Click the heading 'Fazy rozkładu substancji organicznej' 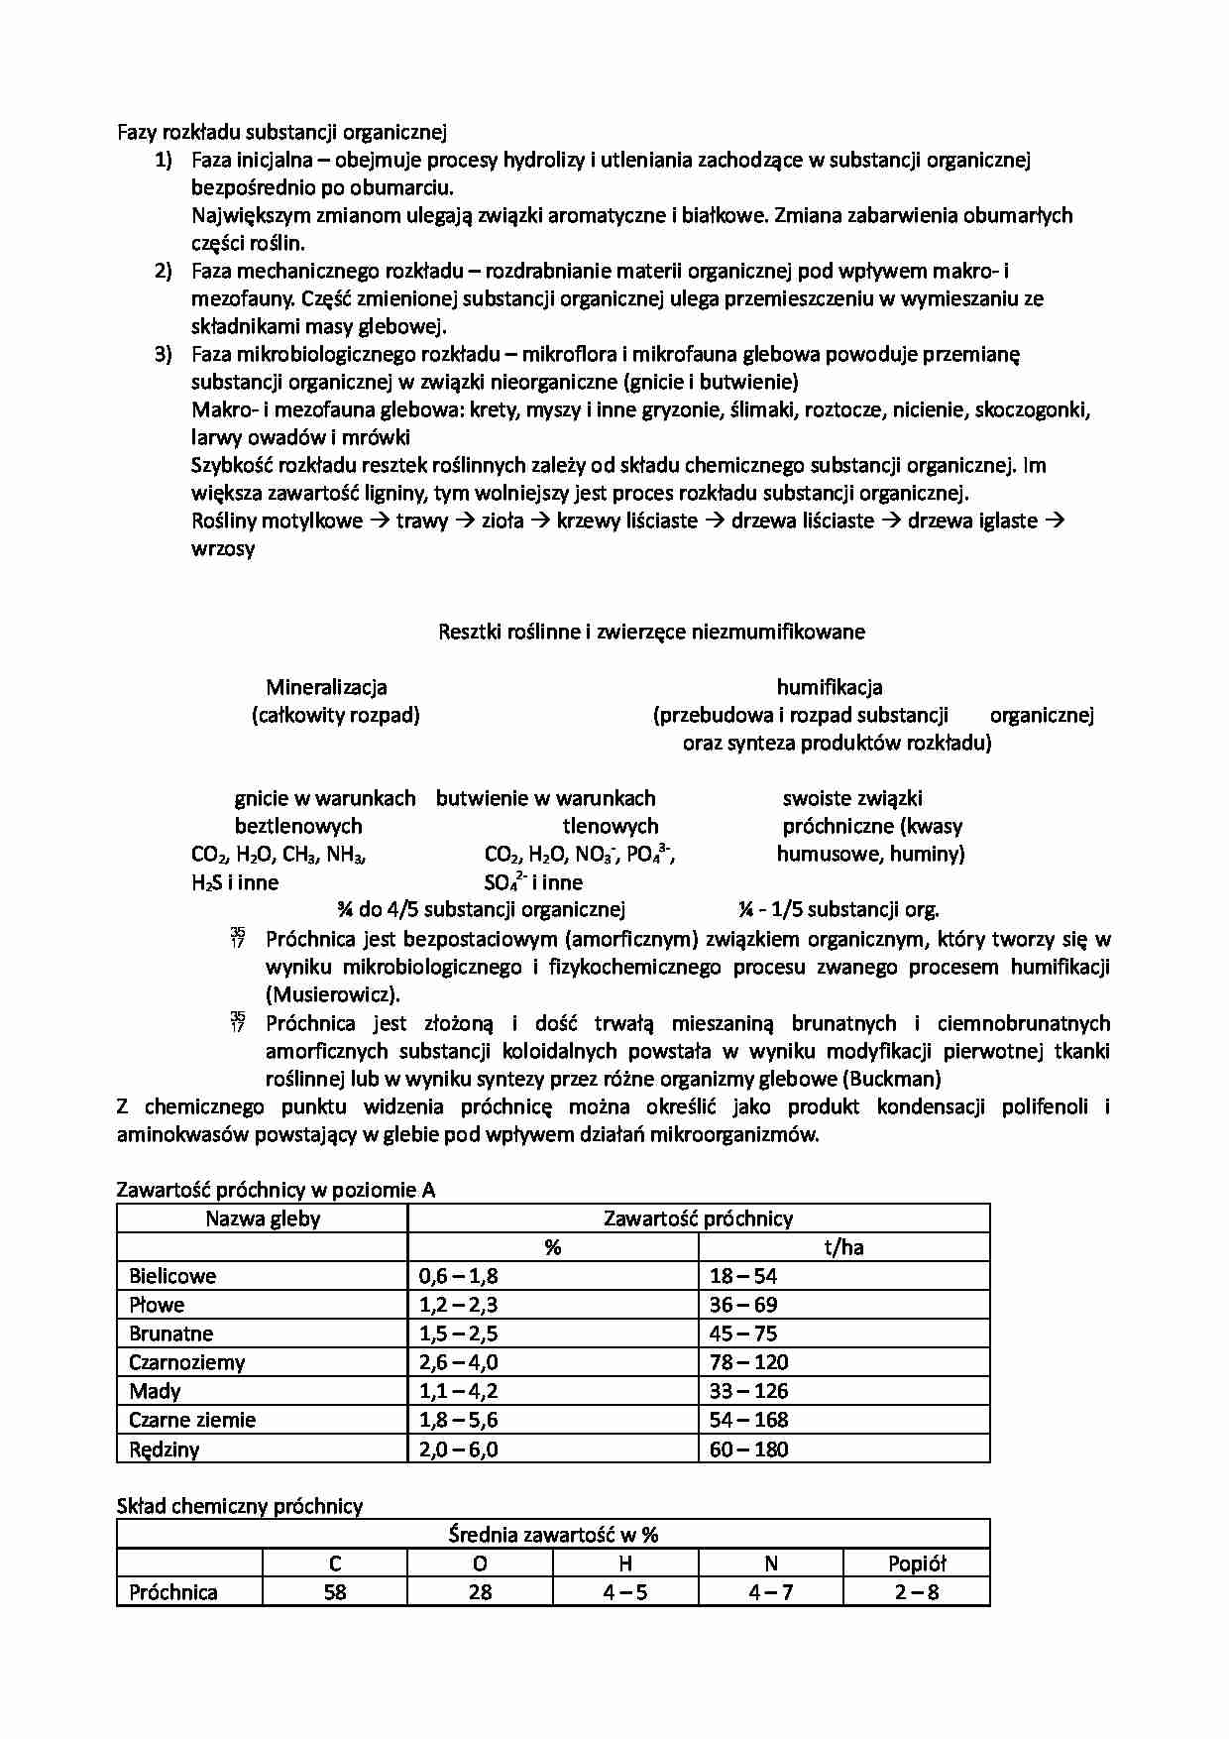(x=282, y=131)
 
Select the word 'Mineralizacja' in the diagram (x=326, y=687)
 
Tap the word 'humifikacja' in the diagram (x=829, y=687)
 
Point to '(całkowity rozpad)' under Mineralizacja (x=335, y=715)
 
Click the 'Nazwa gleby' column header (x=263, y=1218)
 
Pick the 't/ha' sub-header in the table (x=843, y=1247)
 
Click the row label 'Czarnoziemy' (x=186, y=1362)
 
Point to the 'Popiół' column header (x=917, y=1564)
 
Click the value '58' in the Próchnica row (x=335, y=1592)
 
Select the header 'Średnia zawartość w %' (x=553, y=1535)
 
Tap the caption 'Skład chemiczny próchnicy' (x=240, y=1506)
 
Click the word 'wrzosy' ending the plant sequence (x=223, y=548)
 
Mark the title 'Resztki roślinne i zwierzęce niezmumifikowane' (x=651, y=632)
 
